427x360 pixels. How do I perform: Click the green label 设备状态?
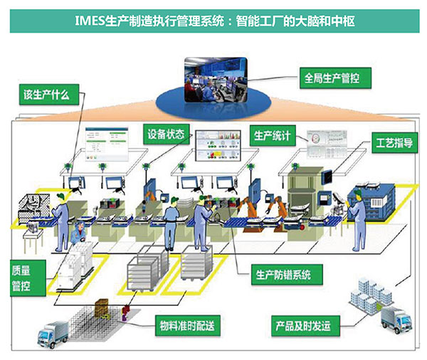[167, 133]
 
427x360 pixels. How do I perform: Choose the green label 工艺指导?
[394, 142]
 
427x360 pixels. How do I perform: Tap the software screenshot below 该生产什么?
[103, 142]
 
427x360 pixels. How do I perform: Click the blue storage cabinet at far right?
[384, 203]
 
